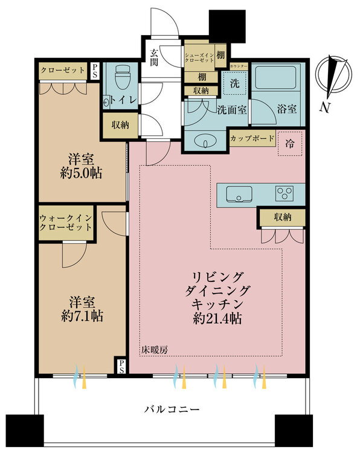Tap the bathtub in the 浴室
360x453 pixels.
click(x=276, y=77)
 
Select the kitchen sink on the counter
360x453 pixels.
click(x=239, y=193)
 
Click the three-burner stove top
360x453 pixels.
click(x=285, y=193)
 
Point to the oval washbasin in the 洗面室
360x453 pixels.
click(x=205, y=141)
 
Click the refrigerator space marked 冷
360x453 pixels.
click(x=290, y=144)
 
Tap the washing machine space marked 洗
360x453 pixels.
click(x=235, y=83)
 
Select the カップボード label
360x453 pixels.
click(x=252, y=138)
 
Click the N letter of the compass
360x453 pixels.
click(x=325, y=107)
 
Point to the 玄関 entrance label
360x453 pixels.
click(x=154, y=57)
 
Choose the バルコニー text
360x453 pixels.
click(x=172, y=409)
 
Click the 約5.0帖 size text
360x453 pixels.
click(x=81, y=173)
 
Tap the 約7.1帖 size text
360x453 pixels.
click(x=82, y=315)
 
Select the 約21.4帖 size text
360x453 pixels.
click(x=217, y=318)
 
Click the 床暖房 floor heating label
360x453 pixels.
click(x=154, y=350)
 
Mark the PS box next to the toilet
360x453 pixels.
click(x=94, y=71)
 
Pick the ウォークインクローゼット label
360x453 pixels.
click(x=66, y=222)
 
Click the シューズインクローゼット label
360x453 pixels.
click(x=199, y=57)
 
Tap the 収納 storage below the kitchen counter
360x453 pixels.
click(x=283, y=217)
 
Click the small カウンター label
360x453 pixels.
click(x=239, y=66)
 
